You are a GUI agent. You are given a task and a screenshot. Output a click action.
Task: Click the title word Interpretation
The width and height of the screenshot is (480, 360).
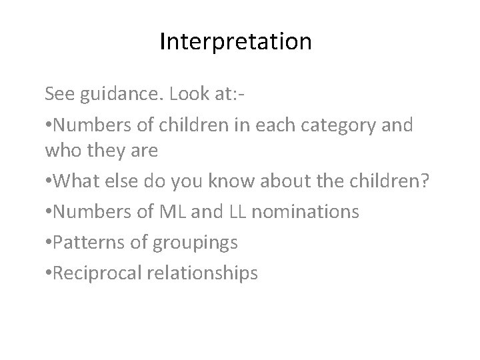coord(235,42)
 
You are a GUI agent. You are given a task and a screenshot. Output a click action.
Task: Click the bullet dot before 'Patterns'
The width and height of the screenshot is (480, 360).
coord(47,242)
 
